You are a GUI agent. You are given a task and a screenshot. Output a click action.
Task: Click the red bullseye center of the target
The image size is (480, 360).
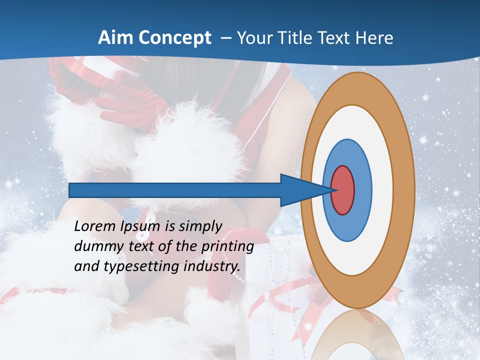(343, 190)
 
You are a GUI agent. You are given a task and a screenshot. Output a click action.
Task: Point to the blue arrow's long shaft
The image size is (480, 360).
(175, 190)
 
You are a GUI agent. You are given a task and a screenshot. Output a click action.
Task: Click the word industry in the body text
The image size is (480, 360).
(212, 266)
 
